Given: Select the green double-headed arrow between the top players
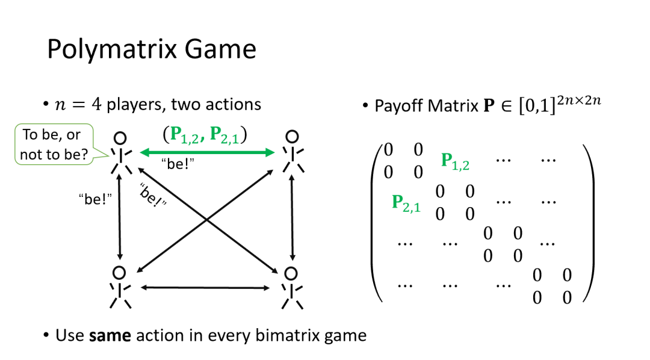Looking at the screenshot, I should click(207, 153).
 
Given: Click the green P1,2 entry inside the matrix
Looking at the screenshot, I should click(455, 160).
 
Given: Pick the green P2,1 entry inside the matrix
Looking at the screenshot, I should click(406, 202).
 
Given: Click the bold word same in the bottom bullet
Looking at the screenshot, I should click(110, 335).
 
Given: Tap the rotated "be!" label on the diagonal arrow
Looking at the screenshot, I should click(152, 195).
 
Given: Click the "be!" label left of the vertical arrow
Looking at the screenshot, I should click(96, 199).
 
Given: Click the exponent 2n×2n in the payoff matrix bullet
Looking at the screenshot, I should click(578, 100).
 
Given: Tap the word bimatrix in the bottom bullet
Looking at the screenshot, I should click(277, 335).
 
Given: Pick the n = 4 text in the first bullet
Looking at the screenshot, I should click(79, 105).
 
